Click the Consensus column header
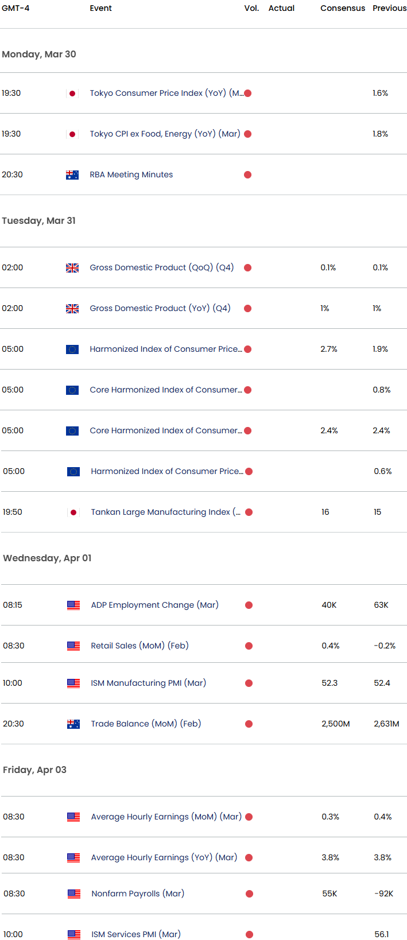[342, 8]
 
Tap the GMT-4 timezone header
[15, 8]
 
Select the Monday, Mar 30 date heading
[39, 54]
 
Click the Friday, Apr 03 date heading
[35, 770]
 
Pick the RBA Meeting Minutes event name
[131, 174]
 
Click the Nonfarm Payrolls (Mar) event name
[138, 894]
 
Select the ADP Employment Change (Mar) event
[155, 605]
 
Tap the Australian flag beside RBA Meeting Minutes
[72, 175]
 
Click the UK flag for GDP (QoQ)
[72, 268]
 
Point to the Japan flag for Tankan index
[73, 512]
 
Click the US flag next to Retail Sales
[73, 646]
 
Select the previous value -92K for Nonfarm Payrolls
[384, 894]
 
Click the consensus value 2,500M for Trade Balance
[336, 724]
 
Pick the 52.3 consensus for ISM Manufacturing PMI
[330, 683]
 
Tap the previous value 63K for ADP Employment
[381, 605]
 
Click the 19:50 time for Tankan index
[13, 512]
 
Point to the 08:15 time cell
[13, 605]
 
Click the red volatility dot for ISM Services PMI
[249, 934]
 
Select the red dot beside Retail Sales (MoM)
[249, 646]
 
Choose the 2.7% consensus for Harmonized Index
[329, 349]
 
